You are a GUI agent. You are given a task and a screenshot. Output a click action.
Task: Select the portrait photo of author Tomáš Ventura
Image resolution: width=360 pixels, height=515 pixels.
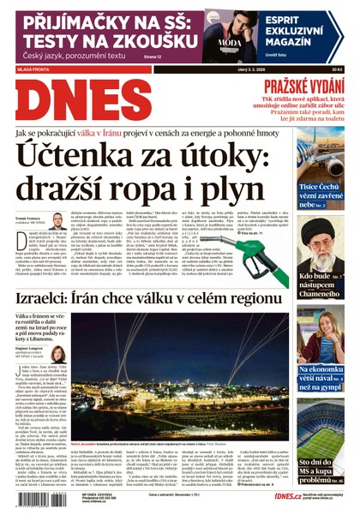tap(58, 221)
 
